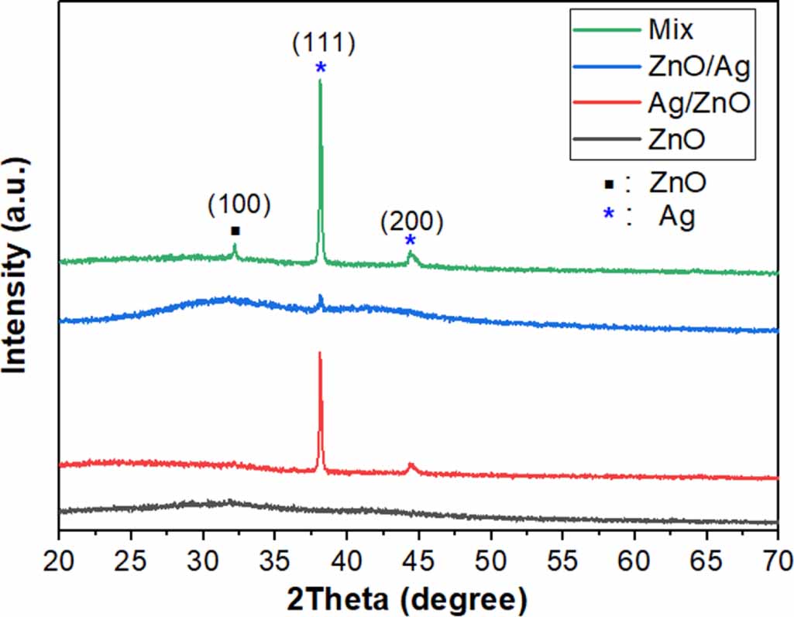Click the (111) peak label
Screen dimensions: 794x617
point(324,43)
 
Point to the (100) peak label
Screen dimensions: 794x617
point(239,204)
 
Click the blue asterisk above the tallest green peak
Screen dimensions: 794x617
point(321,68)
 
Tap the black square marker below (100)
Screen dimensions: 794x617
point(235,231)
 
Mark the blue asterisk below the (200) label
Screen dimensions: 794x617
point(410,241)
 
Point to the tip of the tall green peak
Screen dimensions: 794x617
point(320,80)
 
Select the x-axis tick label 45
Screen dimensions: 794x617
point(418,560)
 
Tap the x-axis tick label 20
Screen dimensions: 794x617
point(59,560)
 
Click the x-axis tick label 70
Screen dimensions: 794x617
point(779,560)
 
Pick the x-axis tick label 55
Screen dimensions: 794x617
point(562,560)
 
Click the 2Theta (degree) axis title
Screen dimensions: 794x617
point(407,600)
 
